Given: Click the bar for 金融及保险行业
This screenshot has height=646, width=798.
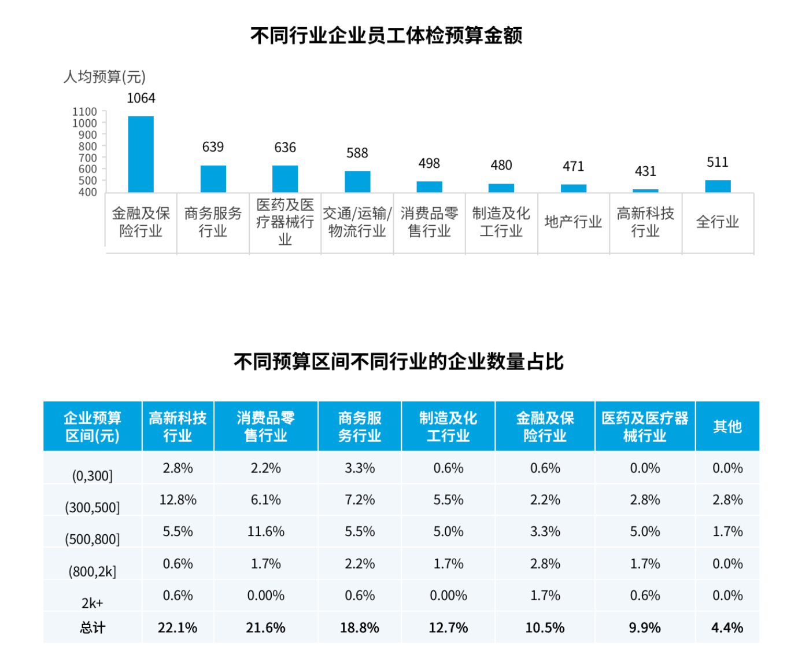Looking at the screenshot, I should pos(141,154).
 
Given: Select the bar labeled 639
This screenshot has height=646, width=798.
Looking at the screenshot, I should pos(213,179).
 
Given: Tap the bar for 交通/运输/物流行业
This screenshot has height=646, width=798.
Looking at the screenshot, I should pos(357,182).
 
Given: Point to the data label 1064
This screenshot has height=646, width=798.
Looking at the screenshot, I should pos(141,98).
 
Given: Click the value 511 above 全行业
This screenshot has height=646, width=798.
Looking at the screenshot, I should pos(717,162).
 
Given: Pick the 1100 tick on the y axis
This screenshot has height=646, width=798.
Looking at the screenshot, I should pos(84,112).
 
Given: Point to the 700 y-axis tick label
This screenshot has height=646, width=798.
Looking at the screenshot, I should pos(87,157).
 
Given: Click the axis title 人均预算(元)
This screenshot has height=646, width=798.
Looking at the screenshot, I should pos(105,76).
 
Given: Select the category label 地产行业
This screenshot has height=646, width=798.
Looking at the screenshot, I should pos(573,222).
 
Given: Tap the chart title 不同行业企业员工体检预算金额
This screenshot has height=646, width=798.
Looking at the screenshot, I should pos(386,36).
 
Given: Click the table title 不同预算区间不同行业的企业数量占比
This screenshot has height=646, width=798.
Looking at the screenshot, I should pos(398,362).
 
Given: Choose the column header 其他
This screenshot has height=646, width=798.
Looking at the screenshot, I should pos(727,427).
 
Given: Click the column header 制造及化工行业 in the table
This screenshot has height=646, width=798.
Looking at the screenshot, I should pos(448,427).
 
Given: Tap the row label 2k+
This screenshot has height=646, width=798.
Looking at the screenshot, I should pos(92,603).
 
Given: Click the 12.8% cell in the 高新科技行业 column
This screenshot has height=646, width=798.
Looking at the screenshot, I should pos(178,500).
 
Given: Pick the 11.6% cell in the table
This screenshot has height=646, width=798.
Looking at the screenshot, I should pos(265,531).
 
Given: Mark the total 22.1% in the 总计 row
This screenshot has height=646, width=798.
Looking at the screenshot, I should pos(178,627).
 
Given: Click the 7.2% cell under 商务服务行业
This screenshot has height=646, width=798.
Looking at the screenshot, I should pos(360,500).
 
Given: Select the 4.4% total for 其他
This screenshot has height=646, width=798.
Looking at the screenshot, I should pos(727,627).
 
